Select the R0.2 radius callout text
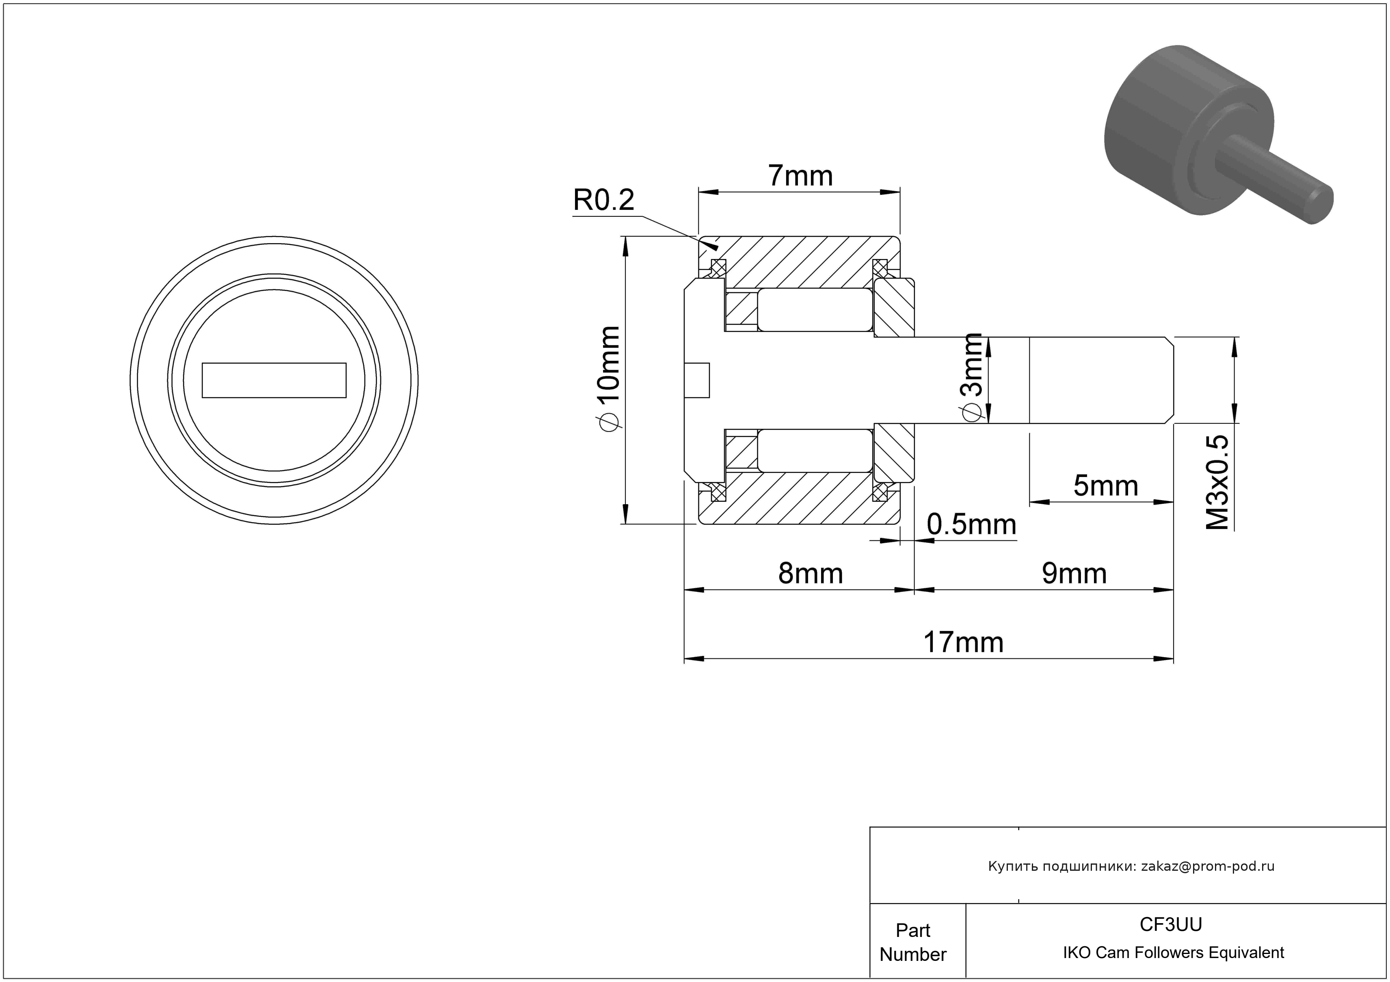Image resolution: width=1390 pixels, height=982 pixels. [603, 200]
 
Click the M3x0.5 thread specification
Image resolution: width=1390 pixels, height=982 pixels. [1217, 482]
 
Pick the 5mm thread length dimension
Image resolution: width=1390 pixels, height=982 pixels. [1105, 486]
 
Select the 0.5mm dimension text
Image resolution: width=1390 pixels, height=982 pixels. [971, 524]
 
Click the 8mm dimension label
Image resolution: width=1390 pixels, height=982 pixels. [811, 574]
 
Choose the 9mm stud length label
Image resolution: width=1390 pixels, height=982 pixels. [1074, 574]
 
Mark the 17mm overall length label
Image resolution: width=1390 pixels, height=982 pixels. [962, 643]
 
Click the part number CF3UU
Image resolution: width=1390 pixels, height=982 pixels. [1171, 924]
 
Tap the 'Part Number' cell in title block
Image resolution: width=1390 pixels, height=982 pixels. [912, 942]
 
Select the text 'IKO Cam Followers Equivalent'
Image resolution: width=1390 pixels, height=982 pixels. [1173, 953]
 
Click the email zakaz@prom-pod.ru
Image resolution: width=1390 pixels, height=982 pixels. [1208, 866]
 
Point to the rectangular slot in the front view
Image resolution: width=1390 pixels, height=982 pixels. [274, 380]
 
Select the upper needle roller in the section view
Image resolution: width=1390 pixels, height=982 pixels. [815, 309]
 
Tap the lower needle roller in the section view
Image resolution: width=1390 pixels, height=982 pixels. [815, 451]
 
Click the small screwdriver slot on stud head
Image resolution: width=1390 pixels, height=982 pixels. [697, 380]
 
